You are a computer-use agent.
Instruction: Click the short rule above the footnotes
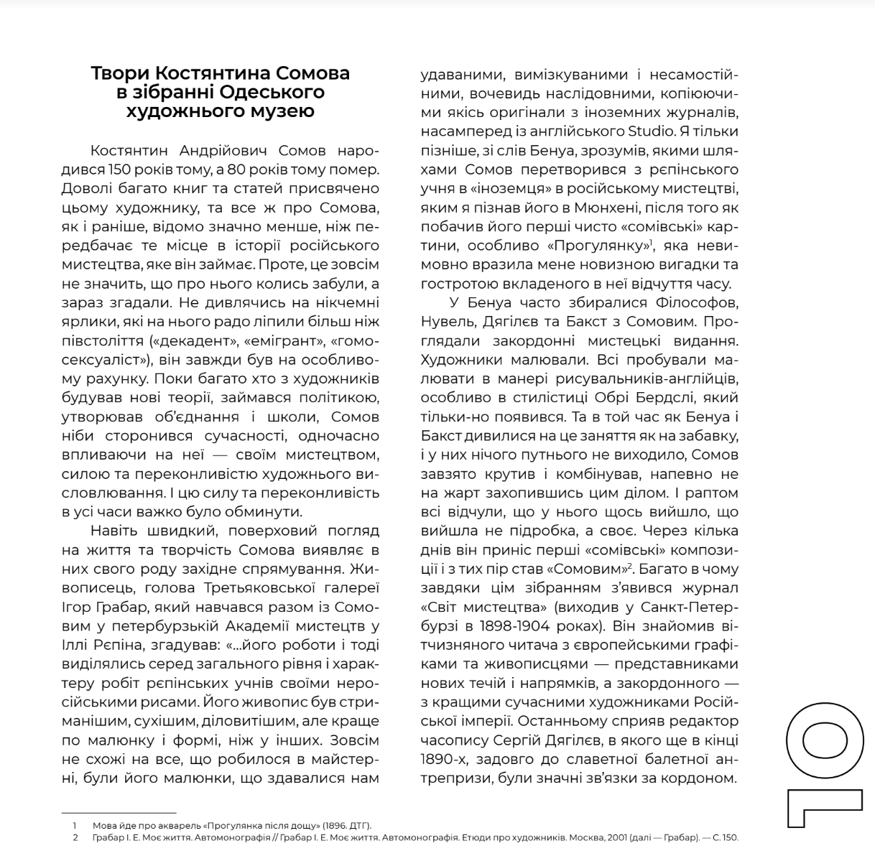[119, 813]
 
